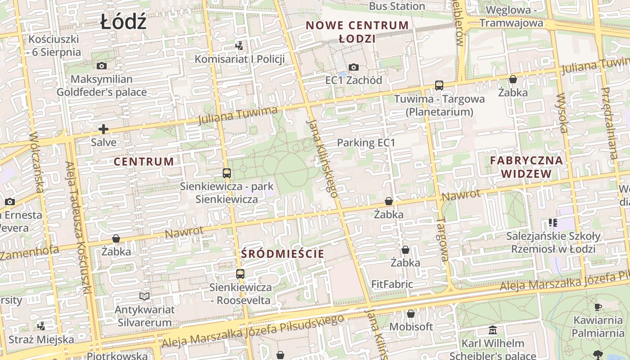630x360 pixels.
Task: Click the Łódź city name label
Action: tap(123, 22)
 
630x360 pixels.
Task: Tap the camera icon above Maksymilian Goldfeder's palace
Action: tap(102, 66)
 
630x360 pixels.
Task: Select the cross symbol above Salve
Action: tap(103, 130)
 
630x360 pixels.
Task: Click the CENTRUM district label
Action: tap(144, 162)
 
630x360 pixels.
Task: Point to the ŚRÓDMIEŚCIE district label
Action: tap(282, 254)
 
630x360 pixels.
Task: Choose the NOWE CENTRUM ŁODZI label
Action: tap(357, 31)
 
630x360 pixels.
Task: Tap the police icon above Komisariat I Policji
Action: tap(239, 45)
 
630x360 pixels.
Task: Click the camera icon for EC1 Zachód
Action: tap(354, 67)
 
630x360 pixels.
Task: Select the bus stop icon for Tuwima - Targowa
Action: tap(439, 85)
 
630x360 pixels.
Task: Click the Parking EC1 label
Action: tap(366, 143)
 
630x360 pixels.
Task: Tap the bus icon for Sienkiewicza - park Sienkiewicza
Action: tap(227, 173)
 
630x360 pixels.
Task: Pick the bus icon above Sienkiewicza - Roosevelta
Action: tap(240, 274)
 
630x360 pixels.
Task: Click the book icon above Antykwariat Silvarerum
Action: tap(144, 296)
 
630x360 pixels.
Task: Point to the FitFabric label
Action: tap(392, 284)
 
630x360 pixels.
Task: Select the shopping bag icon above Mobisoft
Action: tap(410, 313)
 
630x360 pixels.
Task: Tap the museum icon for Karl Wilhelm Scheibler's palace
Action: tap(492, 330)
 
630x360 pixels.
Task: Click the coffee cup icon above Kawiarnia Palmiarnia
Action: tap(598, 307)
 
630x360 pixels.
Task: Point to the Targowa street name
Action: tap(443, 239)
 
